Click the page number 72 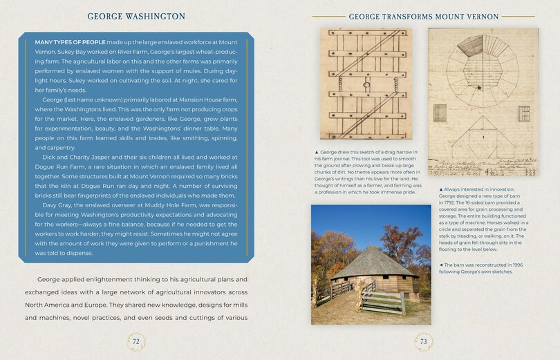(136, 341)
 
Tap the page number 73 (423, 341)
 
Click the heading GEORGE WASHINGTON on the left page (136, 15)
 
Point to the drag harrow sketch (365, 84)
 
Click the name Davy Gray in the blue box (58, 205)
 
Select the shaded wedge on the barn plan (472, 47)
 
